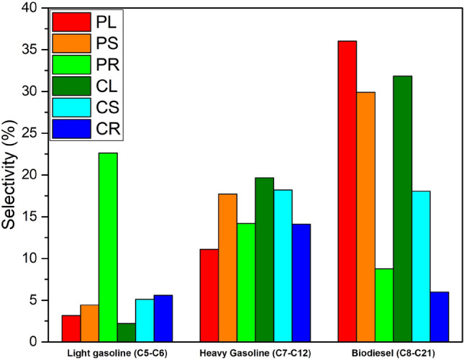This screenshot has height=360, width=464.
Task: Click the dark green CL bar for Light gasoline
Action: (126, 333)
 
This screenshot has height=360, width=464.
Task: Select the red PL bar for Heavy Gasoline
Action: (209, 295)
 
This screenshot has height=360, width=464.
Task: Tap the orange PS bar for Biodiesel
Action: (366, 217)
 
